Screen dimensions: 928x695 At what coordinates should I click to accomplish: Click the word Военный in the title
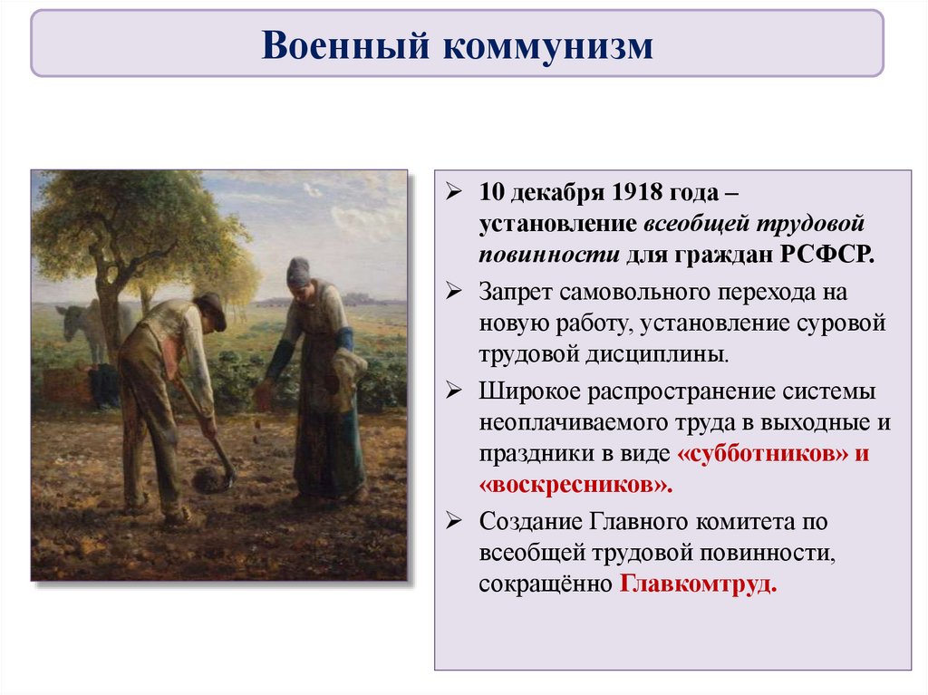tap(345, 45)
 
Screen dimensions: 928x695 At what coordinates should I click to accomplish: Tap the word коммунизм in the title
tap(548, 46)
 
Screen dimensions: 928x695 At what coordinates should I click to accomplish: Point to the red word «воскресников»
tap(575, 485)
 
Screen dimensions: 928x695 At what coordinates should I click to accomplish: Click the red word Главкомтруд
tap(698, 584)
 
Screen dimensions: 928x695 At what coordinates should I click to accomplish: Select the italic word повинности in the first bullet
tap(549, 256)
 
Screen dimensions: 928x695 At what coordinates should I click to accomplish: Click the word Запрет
tap(515, 292)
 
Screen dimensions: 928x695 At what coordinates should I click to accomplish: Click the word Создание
tap(530, 522)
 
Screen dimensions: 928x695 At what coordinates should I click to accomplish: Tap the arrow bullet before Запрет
tap(454, 291)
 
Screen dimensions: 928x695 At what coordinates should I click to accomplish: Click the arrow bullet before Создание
tap(454, 520)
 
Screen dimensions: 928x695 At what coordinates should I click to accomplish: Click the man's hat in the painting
tap(211, 308)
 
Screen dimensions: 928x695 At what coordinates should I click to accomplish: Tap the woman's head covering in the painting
tap(298, 271)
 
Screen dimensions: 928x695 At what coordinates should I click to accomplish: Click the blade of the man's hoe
tap(213, 478)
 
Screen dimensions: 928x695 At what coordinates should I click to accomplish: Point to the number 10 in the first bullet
tap(490, 192)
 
